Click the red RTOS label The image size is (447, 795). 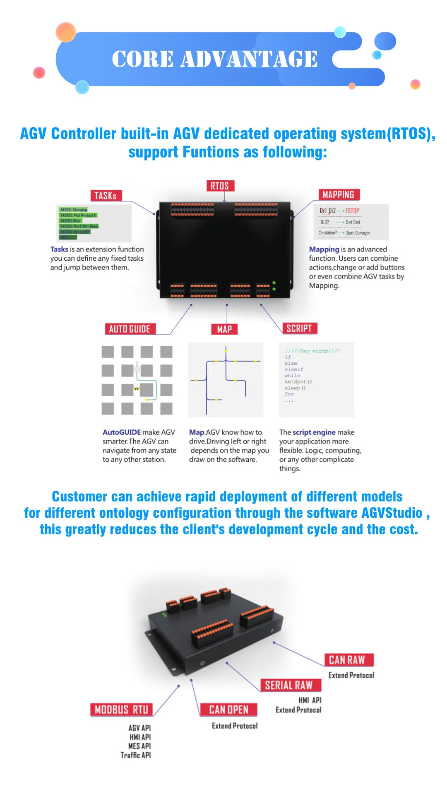tap(220, 186)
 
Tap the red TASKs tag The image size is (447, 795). tap(106, 196)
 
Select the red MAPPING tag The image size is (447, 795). tap(339, 194)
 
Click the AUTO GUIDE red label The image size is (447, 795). tap(130, 329)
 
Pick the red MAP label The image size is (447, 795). tap(224, 329)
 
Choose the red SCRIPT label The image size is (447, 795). tap(299, 328)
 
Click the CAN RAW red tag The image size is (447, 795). tap(347, 659)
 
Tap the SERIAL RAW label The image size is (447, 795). tap(289, 685)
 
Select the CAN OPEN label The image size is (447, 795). tap(228, 710)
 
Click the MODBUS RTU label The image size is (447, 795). tap(121, 710)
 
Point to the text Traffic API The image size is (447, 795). tap(135, 755)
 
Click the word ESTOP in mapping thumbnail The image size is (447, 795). tap(352, 211)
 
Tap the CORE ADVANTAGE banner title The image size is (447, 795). tap(215, 59)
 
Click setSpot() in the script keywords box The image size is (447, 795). tap(298, 382)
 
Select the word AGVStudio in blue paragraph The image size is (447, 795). tap(392, 513)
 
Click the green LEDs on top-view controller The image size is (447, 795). tap(274, 286)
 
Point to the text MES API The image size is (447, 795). tap(139, 746)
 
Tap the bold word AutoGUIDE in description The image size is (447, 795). tap(122, 432)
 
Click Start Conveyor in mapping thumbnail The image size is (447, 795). tap(358, 233)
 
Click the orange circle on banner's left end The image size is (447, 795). tap(66, 32)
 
